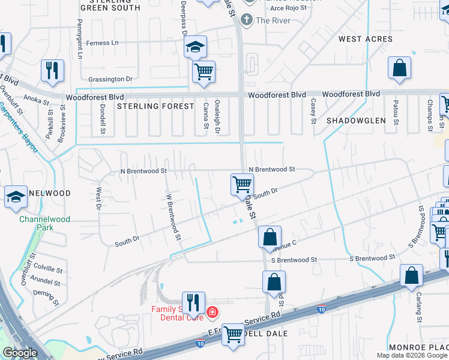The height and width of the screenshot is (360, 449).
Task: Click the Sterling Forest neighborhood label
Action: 155,106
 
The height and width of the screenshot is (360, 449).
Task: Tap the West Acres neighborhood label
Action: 365,39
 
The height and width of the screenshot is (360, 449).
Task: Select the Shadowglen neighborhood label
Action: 355,121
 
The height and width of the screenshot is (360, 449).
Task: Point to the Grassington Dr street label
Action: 110,79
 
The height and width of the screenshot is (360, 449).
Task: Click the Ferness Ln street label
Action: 102,43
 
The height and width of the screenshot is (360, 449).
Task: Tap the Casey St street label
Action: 313,112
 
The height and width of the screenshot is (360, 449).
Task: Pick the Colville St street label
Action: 49,271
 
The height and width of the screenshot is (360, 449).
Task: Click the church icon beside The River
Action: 246,20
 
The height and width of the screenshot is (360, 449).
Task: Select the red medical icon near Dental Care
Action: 211,312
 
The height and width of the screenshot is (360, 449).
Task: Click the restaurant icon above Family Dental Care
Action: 193,304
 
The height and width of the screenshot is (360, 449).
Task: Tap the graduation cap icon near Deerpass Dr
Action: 195,47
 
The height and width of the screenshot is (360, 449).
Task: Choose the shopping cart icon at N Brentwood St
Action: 242,184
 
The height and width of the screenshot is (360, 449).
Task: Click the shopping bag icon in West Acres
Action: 399,69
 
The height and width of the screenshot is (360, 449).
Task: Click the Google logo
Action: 20,353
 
